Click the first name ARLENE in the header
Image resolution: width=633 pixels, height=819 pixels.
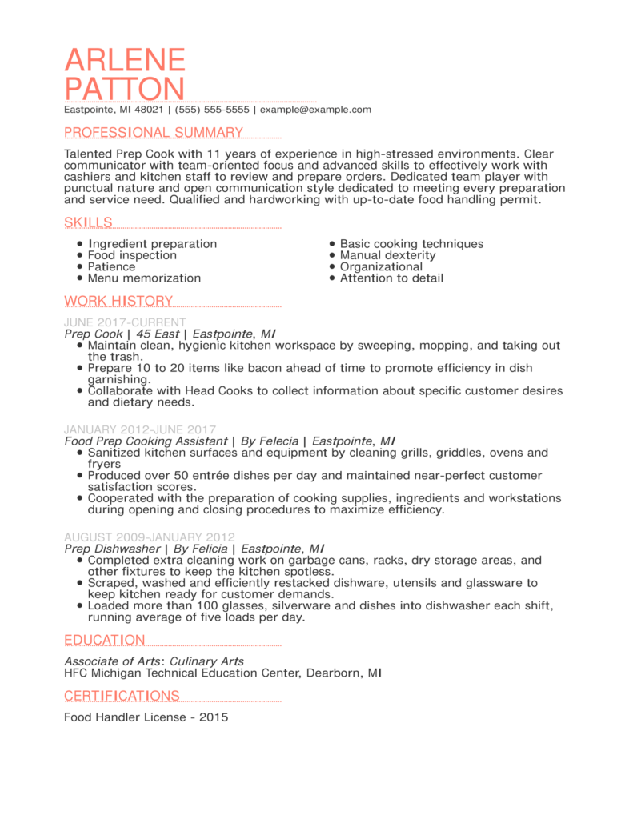click(125, 61)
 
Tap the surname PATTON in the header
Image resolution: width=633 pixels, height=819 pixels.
click(125, 90)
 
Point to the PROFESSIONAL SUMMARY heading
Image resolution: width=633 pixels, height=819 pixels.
click(154, 133)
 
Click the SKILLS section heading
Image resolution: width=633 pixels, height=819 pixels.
click(88, 222)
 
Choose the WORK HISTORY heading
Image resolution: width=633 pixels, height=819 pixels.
click(118, 301)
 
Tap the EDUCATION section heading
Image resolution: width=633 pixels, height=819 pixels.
click(105, 640)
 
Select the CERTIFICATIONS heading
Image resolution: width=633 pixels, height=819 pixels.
click(122, 696)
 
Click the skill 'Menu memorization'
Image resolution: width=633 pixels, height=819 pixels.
click(144, 278)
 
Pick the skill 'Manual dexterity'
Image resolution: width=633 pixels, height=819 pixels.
click(387, 255)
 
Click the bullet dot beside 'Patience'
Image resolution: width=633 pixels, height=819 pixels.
click(79, 267)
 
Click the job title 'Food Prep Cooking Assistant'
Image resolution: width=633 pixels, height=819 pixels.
click(145, 441)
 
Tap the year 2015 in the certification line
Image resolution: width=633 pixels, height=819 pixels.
click(214, 717)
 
